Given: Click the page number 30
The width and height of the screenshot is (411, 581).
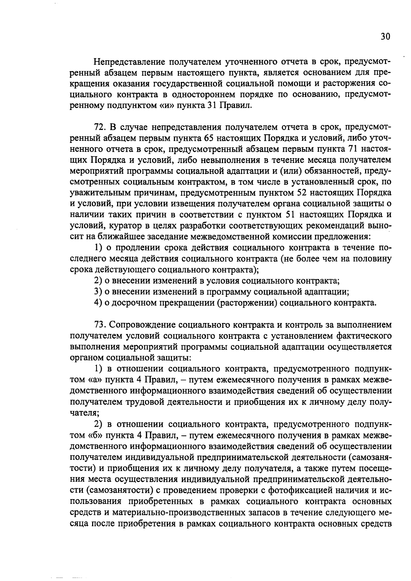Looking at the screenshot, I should tap(385, 36).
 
